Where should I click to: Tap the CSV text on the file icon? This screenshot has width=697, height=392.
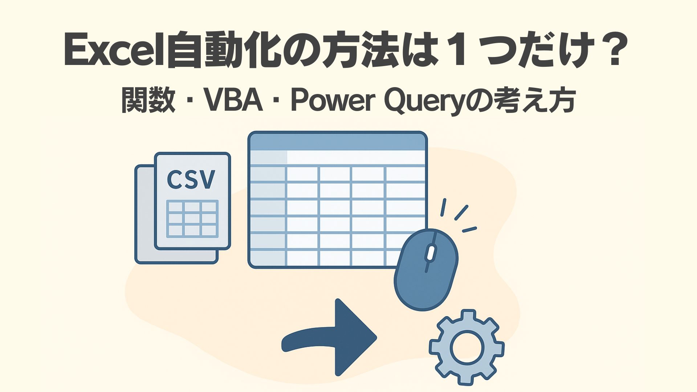click(191, 179)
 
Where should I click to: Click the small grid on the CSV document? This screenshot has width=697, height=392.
click(192, 219)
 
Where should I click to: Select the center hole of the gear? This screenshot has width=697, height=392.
click(467, 347)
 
